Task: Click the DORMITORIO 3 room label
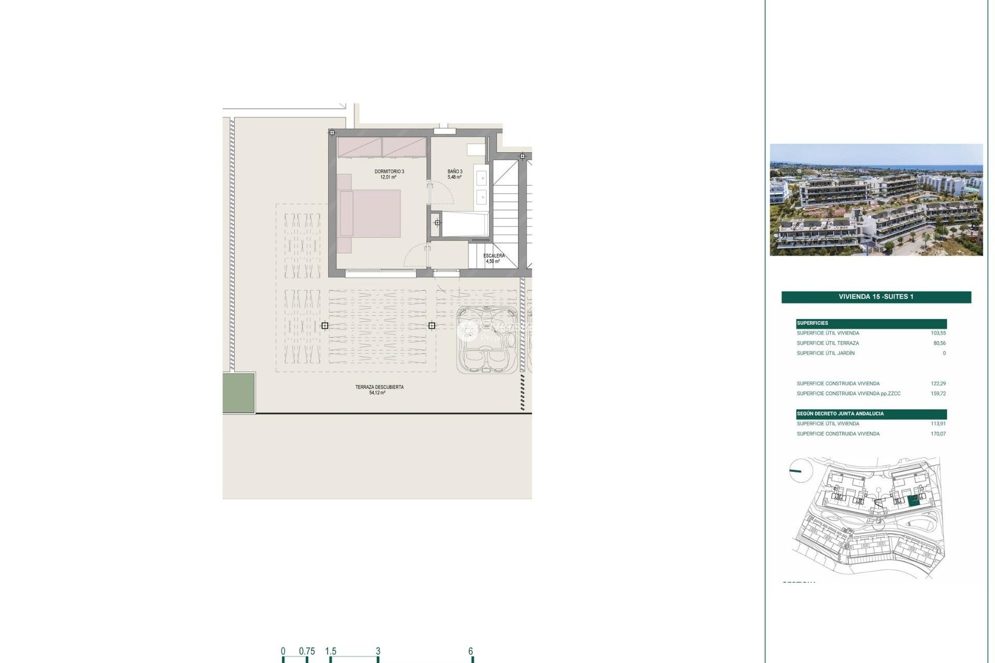pos(389,171)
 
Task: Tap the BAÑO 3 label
pos(454,171)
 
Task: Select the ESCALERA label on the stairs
pos(493,256)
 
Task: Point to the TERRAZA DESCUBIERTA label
pos(379,387)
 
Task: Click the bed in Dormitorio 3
pos(369,214)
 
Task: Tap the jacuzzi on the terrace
pos(487,340)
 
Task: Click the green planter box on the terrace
pos(238,393)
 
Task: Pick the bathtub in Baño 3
pos(465,224)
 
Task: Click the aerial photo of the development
pos(876,199)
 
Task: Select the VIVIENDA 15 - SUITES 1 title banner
pos(876,297)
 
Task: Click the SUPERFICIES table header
pos(813,323)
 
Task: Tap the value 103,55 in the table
pos(938,333)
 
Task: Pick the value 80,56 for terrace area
pos(939,343)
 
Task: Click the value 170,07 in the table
pos(938,434)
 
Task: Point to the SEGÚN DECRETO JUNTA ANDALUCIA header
pos(840,414)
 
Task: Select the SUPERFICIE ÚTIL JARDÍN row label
pos(826,353)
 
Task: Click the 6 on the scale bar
pos(471,651)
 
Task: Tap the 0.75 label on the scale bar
pos(307,651)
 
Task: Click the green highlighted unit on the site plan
pos(914,500)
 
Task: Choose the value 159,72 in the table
pos(938,394)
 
